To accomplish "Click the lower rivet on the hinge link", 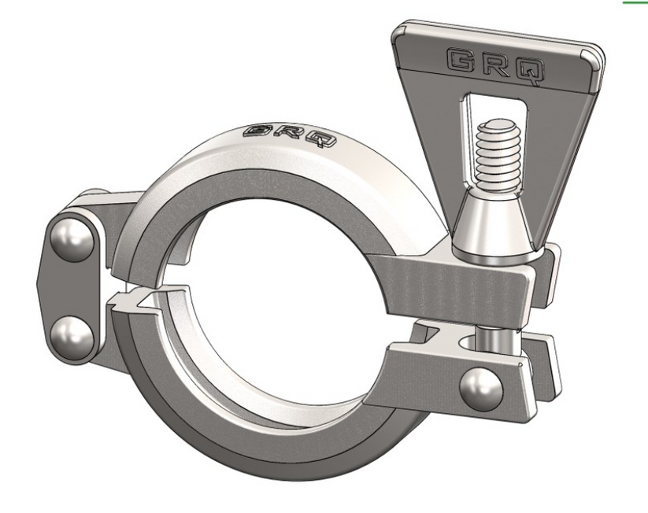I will pyautogui.click(x=72, y=334).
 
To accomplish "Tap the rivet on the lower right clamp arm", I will pyautogui.click(x=481, y=387).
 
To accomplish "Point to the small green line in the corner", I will pyautogui.click(x=635, y=2).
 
